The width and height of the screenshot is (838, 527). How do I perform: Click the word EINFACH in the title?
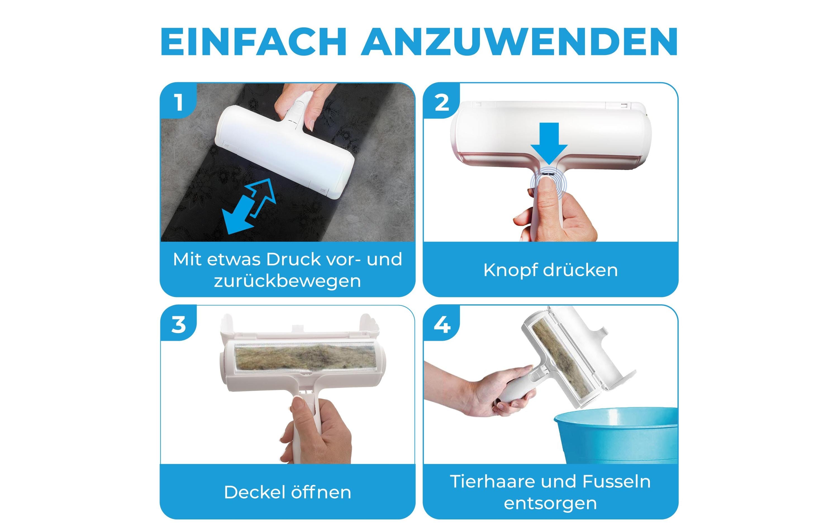253,42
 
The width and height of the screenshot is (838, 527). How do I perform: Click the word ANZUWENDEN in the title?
519,42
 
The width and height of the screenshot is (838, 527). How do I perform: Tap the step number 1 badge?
179,102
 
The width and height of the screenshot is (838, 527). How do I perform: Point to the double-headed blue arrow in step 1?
249,207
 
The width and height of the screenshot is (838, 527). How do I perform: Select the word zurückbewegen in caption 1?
287,281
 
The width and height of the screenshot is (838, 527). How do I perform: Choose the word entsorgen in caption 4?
550,503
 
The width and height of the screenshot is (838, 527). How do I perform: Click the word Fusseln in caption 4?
616,482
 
